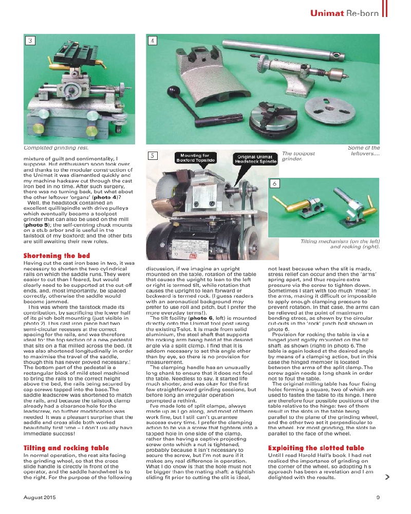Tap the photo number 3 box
pos(31,41)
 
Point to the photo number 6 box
pos(275,183)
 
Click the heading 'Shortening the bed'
pos(57,255)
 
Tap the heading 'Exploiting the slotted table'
pos(316,448)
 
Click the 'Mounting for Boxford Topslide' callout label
pos(195,158)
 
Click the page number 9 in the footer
pos(378,497)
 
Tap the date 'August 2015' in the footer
pos(40,497)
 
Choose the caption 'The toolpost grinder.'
pos(298,156)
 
